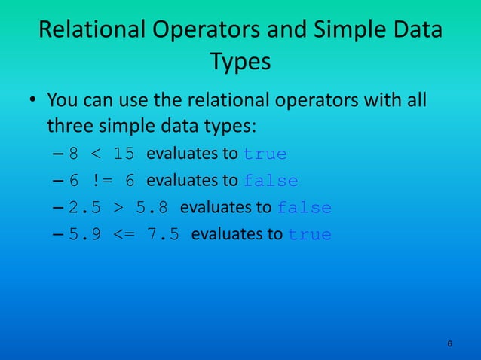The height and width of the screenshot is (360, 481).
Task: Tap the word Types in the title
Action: click(x=240, y=62)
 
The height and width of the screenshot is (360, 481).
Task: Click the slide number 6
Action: click(x=450, y=344)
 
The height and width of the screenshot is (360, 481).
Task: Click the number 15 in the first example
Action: click(x=124, y=154)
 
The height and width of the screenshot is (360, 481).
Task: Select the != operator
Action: click(x=101, y=181)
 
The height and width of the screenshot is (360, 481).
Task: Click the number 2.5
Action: click(x=85, y=207)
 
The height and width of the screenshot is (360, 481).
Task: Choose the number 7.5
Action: click(x=163, y=233)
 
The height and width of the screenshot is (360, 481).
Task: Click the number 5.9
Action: click(x=85, y=233)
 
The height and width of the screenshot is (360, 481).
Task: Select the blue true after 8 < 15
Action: click(x=265, y=154)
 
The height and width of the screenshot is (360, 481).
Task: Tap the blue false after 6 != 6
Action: click(x=271, y=181)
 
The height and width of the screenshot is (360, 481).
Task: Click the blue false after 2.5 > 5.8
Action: click(x=305, y=207)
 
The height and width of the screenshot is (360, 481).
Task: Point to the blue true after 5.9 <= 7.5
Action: click(x=310, y=233)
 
